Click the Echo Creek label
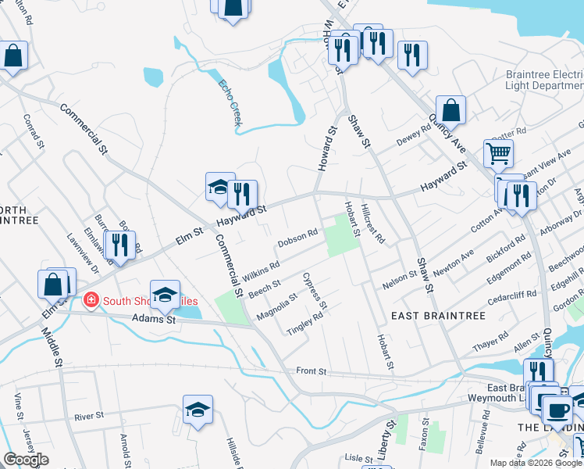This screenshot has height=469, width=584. click(230, 102)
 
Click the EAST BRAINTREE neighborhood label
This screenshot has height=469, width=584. click(438, 316)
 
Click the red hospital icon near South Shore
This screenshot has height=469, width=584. click(91, 300)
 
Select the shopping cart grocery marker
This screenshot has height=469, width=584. click(497, 153)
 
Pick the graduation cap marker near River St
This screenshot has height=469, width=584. click(198, 410)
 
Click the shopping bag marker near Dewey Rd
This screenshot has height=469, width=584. click(450, 110)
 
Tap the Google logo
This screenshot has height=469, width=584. click(27, 460)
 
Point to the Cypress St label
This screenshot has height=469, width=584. click(318, 290)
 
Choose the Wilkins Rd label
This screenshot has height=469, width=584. click(261, 271)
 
